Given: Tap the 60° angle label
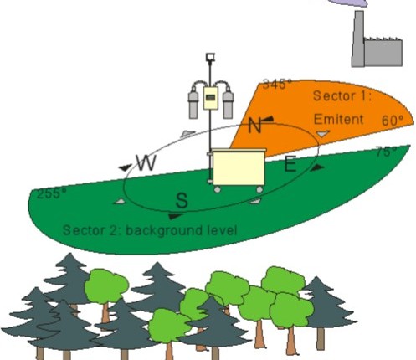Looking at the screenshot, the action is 393,121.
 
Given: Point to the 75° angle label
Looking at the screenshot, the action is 387,152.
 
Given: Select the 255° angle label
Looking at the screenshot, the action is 52,193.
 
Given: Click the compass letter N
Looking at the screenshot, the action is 254,126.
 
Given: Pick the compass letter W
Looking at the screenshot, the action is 146,162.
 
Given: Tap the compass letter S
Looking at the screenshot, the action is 182,200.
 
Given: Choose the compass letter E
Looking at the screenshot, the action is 290,164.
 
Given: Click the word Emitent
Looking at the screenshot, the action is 338,119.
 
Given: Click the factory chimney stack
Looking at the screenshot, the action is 358,39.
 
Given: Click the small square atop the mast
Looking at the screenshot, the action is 210,57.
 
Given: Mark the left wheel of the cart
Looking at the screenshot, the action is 218,189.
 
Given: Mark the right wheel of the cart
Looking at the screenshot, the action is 259,189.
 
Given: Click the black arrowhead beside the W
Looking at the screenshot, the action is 125,167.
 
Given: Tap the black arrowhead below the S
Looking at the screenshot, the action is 176,216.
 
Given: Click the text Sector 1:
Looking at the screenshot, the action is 342,96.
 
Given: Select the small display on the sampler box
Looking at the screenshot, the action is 211,98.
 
